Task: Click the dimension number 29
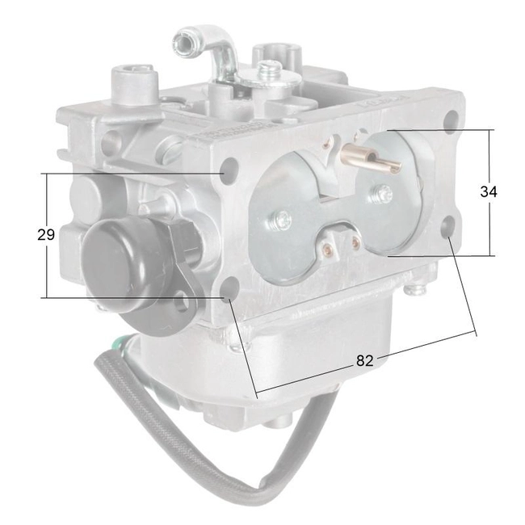point(46,235)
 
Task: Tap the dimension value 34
point(488,192)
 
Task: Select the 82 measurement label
point(365,361)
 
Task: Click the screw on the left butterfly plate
point(282,217)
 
